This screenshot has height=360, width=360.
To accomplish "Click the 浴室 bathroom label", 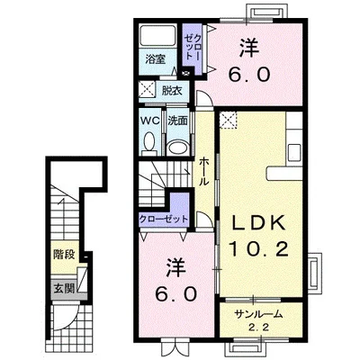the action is (x=155, y=58).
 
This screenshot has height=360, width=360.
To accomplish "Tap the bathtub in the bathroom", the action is (x=158, y=36).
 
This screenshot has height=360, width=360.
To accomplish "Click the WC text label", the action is (x=150, y=121).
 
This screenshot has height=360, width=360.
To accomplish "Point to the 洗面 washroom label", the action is (x=177, y=121).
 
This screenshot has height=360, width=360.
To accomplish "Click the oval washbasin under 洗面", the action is (x=177, y=148).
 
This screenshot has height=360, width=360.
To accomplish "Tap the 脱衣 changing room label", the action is (x=172, y=91).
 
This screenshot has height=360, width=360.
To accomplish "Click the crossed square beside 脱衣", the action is (x=147, y=89).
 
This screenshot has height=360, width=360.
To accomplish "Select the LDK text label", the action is (x=259, y=223).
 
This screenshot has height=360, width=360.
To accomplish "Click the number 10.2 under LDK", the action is (x=259, y=248).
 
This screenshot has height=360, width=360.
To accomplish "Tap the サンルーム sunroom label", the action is (x=259, y=314).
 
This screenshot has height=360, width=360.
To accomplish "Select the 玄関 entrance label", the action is (x=64, y=289).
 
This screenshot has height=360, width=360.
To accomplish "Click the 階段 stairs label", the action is (x=64, y=255).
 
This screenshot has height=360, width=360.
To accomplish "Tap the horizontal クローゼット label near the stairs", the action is (x=164, y=219).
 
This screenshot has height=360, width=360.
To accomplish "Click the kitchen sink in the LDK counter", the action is (x=294, y=154).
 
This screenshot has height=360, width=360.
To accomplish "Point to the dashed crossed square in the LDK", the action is (x=229, y=120).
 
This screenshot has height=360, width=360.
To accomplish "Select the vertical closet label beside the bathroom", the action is (x=190, y=47).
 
